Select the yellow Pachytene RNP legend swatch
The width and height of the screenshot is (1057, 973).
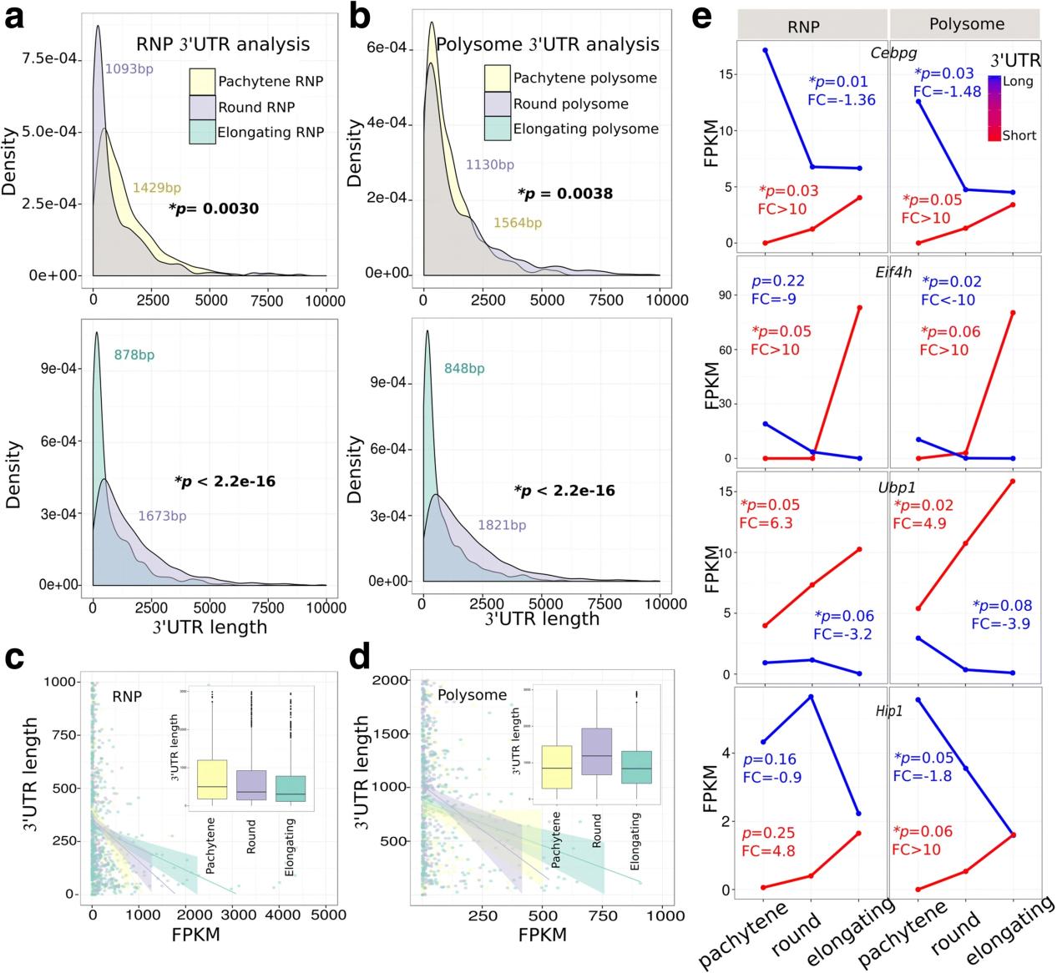coord(203,82)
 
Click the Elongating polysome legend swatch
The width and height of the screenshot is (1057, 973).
coord(498,129)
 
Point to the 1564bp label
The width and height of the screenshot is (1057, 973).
coord(517,223)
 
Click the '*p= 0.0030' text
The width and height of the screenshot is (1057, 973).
coord(214,209)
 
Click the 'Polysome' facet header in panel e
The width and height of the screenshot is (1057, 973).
coord(966,25)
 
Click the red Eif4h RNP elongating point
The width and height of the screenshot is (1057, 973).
coord(859,308)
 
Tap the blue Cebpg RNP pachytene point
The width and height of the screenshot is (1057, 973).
coord(765,51)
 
